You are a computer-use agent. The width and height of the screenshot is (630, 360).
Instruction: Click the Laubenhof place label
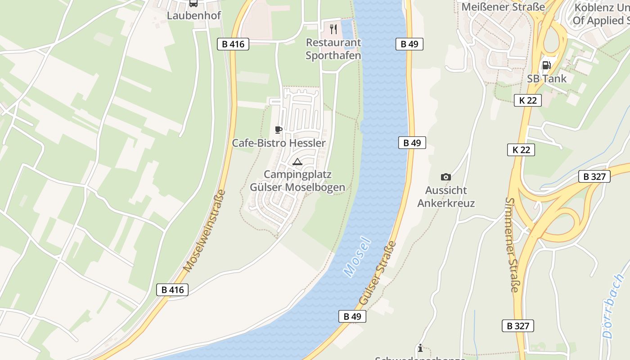coord(194,16)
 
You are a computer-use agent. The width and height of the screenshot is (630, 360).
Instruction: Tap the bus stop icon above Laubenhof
coord(193,3)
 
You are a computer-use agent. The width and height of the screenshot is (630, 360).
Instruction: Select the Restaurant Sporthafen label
coord(333,49)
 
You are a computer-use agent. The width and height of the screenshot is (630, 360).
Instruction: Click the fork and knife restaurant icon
coord(333,29)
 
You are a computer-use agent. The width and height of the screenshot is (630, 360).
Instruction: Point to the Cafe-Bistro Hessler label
coord(279,143)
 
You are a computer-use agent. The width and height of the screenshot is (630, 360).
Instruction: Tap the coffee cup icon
coord(279,130)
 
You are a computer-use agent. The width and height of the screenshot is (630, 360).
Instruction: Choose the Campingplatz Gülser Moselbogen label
coord(297,181)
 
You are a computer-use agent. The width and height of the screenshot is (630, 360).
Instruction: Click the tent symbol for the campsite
coord(297,162)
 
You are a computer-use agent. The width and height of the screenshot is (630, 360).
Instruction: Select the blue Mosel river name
coord(357,256)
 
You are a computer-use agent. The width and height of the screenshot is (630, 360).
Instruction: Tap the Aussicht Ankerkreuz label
coord(446,197)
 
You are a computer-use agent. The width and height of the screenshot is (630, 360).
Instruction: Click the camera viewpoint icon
coord(446,177)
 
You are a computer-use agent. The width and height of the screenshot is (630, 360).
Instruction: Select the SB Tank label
coord(547,78)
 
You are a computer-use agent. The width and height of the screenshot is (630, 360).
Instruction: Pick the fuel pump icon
coord(546,65)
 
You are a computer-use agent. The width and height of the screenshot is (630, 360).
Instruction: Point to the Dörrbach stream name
coord(614,306)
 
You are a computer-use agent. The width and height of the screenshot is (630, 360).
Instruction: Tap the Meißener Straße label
coord(503,7)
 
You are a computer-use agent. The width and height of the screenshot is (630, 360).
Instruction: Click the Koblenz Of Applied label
coord(601,14)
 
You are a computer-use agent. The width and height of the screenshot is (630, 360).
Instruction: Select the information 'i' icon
coord(420,348)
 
